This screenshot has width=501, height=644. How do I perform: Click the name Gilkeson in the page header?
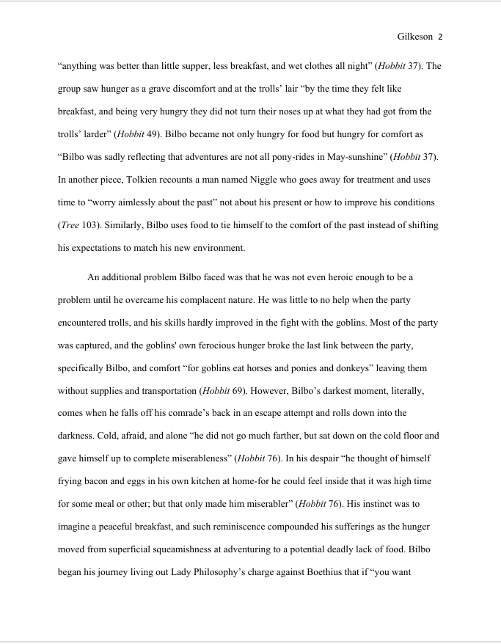(415, 36)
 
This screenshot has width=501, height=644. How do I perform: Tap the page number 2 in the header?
(440, 36)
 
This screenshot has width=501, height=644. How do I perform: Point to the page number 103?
(89, 225)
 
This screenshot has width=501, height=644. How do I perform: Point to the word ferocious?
(242, 345)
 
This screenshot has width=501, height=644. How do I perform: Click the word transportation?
(163, 392)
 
